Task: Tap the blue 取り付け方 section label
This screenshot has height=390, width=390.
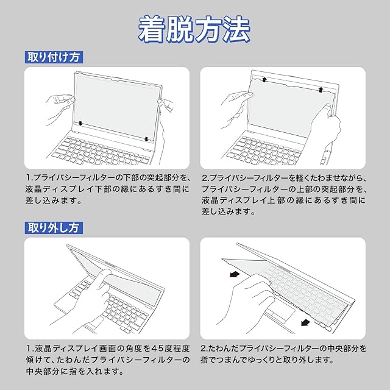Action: click(54, 57)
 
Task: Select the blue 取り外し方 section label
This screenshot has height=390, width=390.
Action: click(54, 229)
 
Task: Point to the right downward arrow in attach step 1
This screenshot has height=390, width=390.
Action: click(147, 138)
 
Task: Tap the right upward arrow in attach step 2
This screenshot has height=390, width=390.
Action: click(320, 90)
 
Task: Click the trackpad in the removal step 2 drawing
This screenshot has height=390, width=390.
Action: click(279, 314)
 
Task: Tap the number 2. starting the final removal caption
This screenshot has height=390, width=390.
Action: click(205, 349)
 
